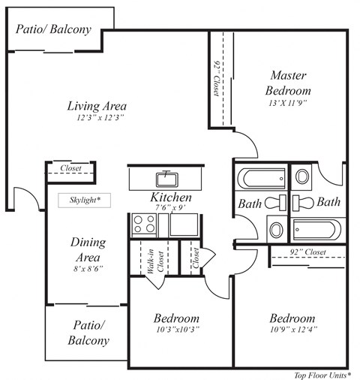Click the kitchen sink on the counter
(165, 179)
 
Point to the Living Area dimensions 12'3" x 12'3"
(97, 118)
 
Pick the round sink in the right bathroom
(301, 177)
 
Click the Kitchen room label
(172, 198)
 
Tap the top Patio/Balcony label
(53, 30)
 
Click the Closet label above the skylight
(71, 169)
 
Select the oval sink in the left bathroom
(275, 228)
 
